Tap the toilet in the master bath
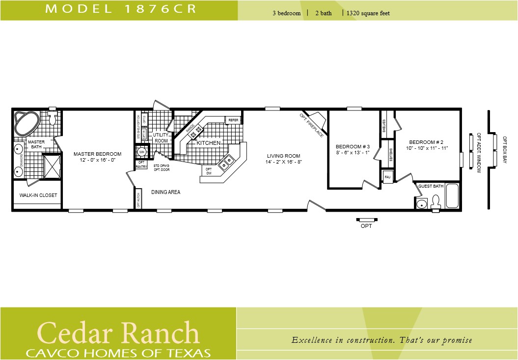coord(53,118)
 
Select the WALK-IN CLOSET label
coord(38,195)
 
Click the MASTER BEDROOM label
coord(97,157)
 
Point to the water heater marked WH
coord(141,152)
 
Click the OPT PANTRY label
coord(141,165)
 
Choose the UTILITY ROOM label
coord(161,138)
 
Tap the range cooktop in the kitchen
coord(196,131)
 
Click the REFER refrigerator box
coord(233,120)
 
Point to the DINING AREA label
coord(165,192)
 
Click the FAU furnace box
coord(387,177)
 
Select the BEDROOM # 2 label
coord(427,144)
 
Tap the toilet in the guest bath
coord(435,202)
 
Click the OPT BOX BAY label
coord(504,149)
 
